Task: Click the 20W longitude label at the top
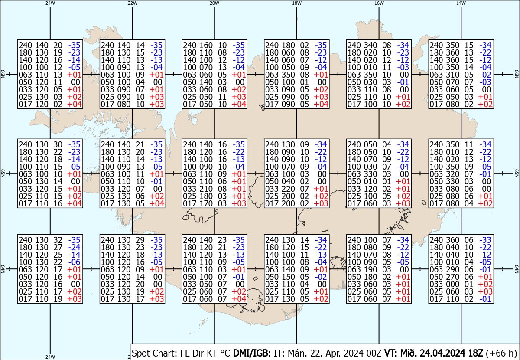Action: point(214,3)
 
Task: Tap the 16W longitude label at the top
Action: point(379,3)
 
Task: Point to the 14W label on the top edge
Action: point(461,3)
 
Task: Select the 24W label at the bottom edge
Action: point(50,357)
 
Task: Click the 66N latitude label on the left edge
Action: point(3,74)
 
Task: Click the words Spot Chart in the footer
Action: point(155,353)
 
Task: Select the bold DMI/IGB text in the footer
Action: point(252,353)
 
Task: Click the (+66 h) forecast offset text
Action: point(501,353)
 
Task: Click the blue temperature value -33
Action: point(485,240)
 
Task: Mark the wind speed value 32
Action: point(58,240)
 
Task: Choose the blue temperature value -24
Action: point(74,247)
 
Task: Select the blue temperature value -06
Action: point(74,262)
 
